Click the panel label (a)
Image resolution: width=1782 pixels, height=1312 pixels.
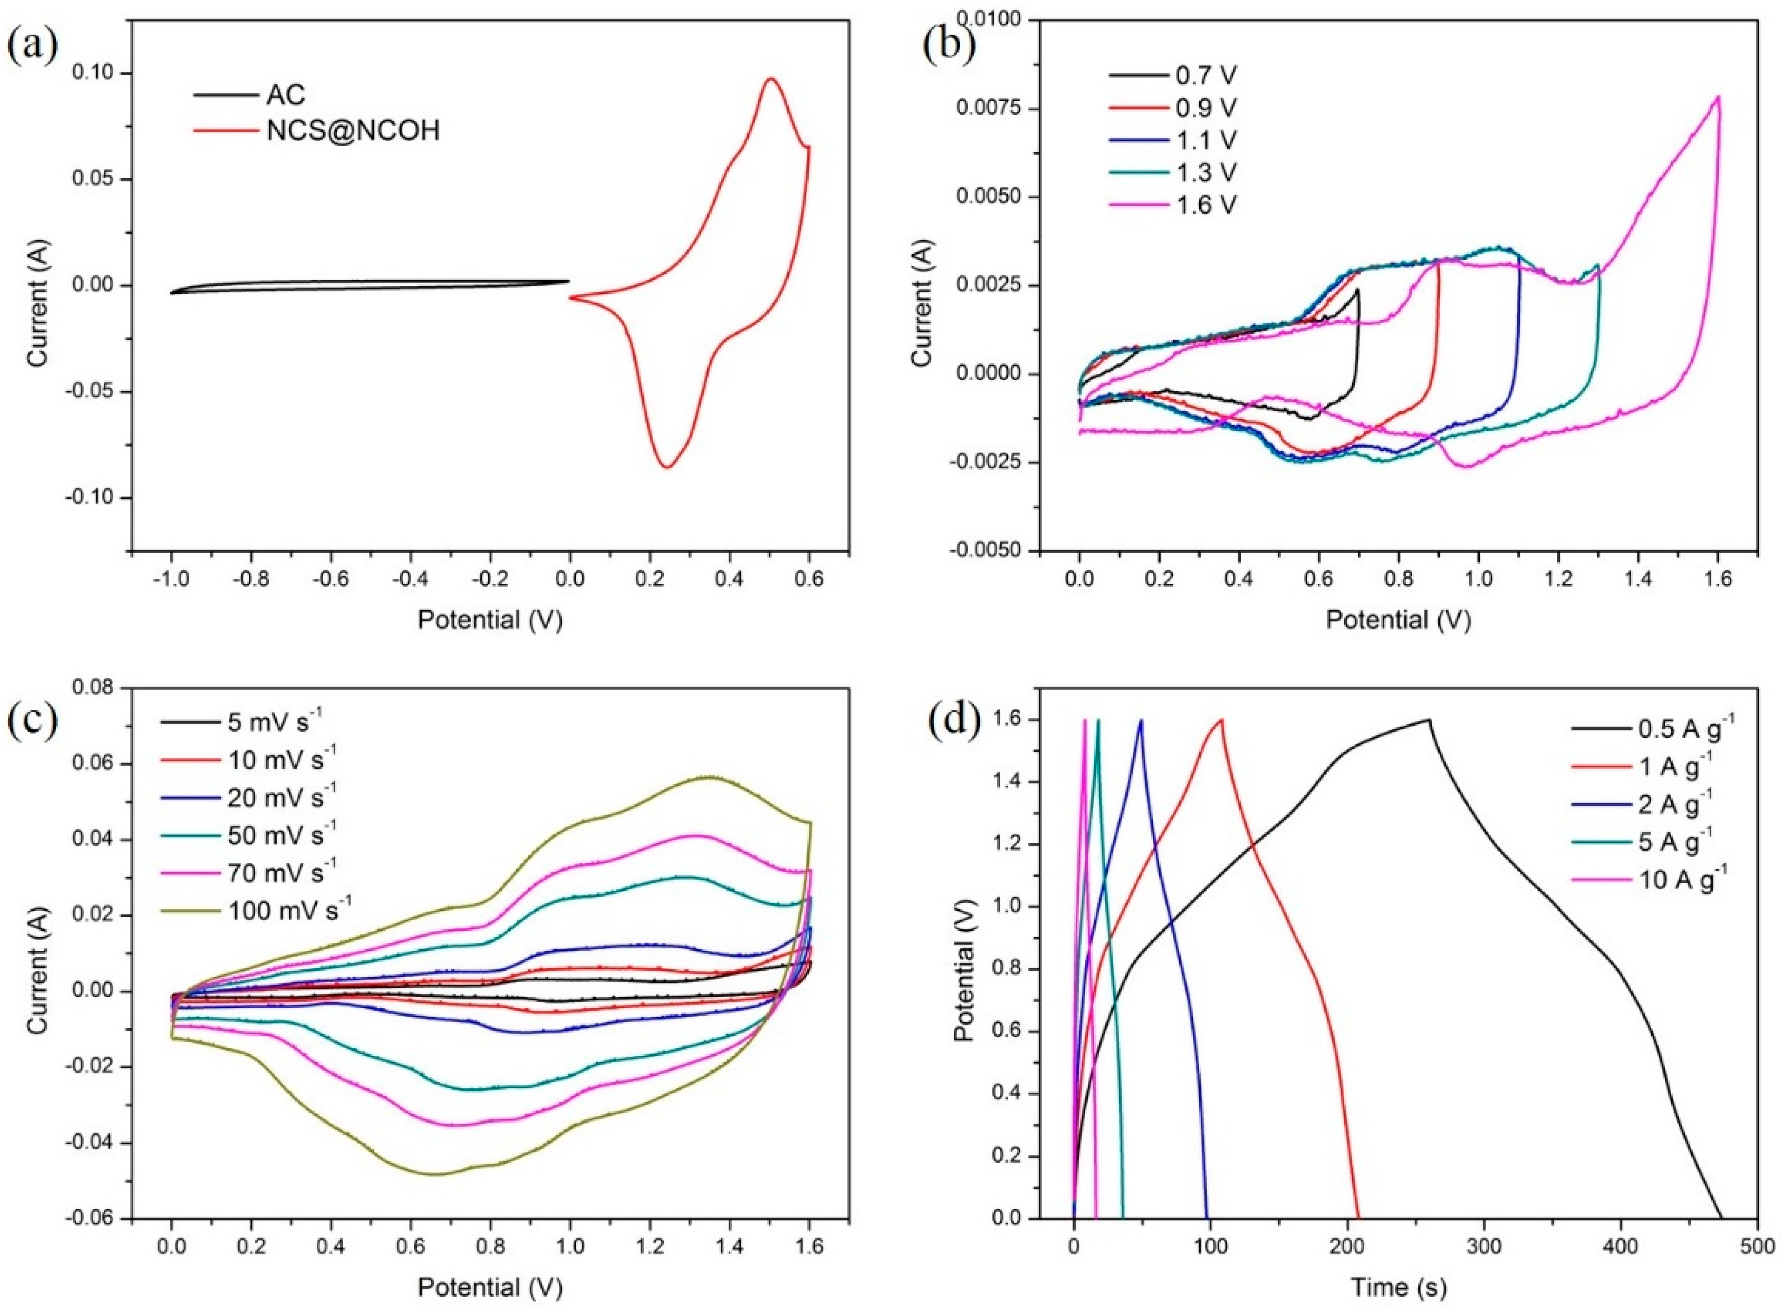[33, 46]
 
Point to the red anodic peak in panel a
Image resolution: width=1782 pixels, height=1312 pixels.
[770, 79]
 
